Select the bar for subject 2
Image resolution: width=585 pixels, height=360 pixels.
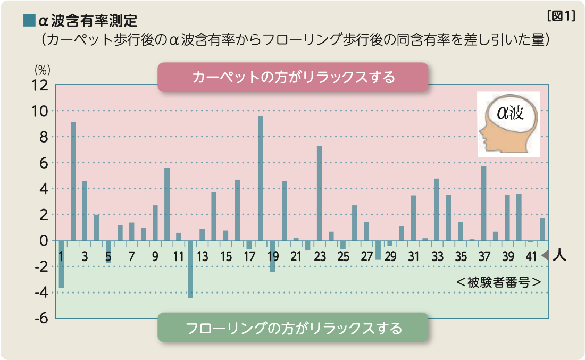point(73,181)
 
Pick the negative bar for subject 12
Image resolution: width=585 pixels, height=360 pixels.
point(190,269)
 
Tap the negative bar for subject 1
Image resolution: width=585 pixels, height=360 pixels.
point(61,264)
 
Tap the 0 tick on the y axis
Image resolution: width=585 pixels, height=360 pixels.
point(44,240)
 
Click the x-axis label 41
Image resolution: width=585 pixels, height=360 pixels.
point(531,256)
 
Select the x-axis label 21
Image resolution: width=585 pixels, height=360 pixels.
point(296,256)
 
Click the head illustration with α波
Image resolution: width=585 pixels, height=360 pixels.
point(508,124)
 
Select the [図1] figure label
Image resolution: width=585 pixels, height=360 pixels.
point(561,16)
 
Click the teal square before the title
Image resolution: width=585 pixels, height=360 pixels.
point(29,21)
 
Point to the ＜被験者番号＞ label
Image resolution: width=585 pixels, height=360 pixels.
point(499,281)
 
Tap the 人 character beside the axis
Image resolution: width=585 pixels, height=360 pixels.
point(559,256)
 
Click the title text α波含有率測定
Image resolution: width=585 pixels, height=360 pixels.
point(88,21)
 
